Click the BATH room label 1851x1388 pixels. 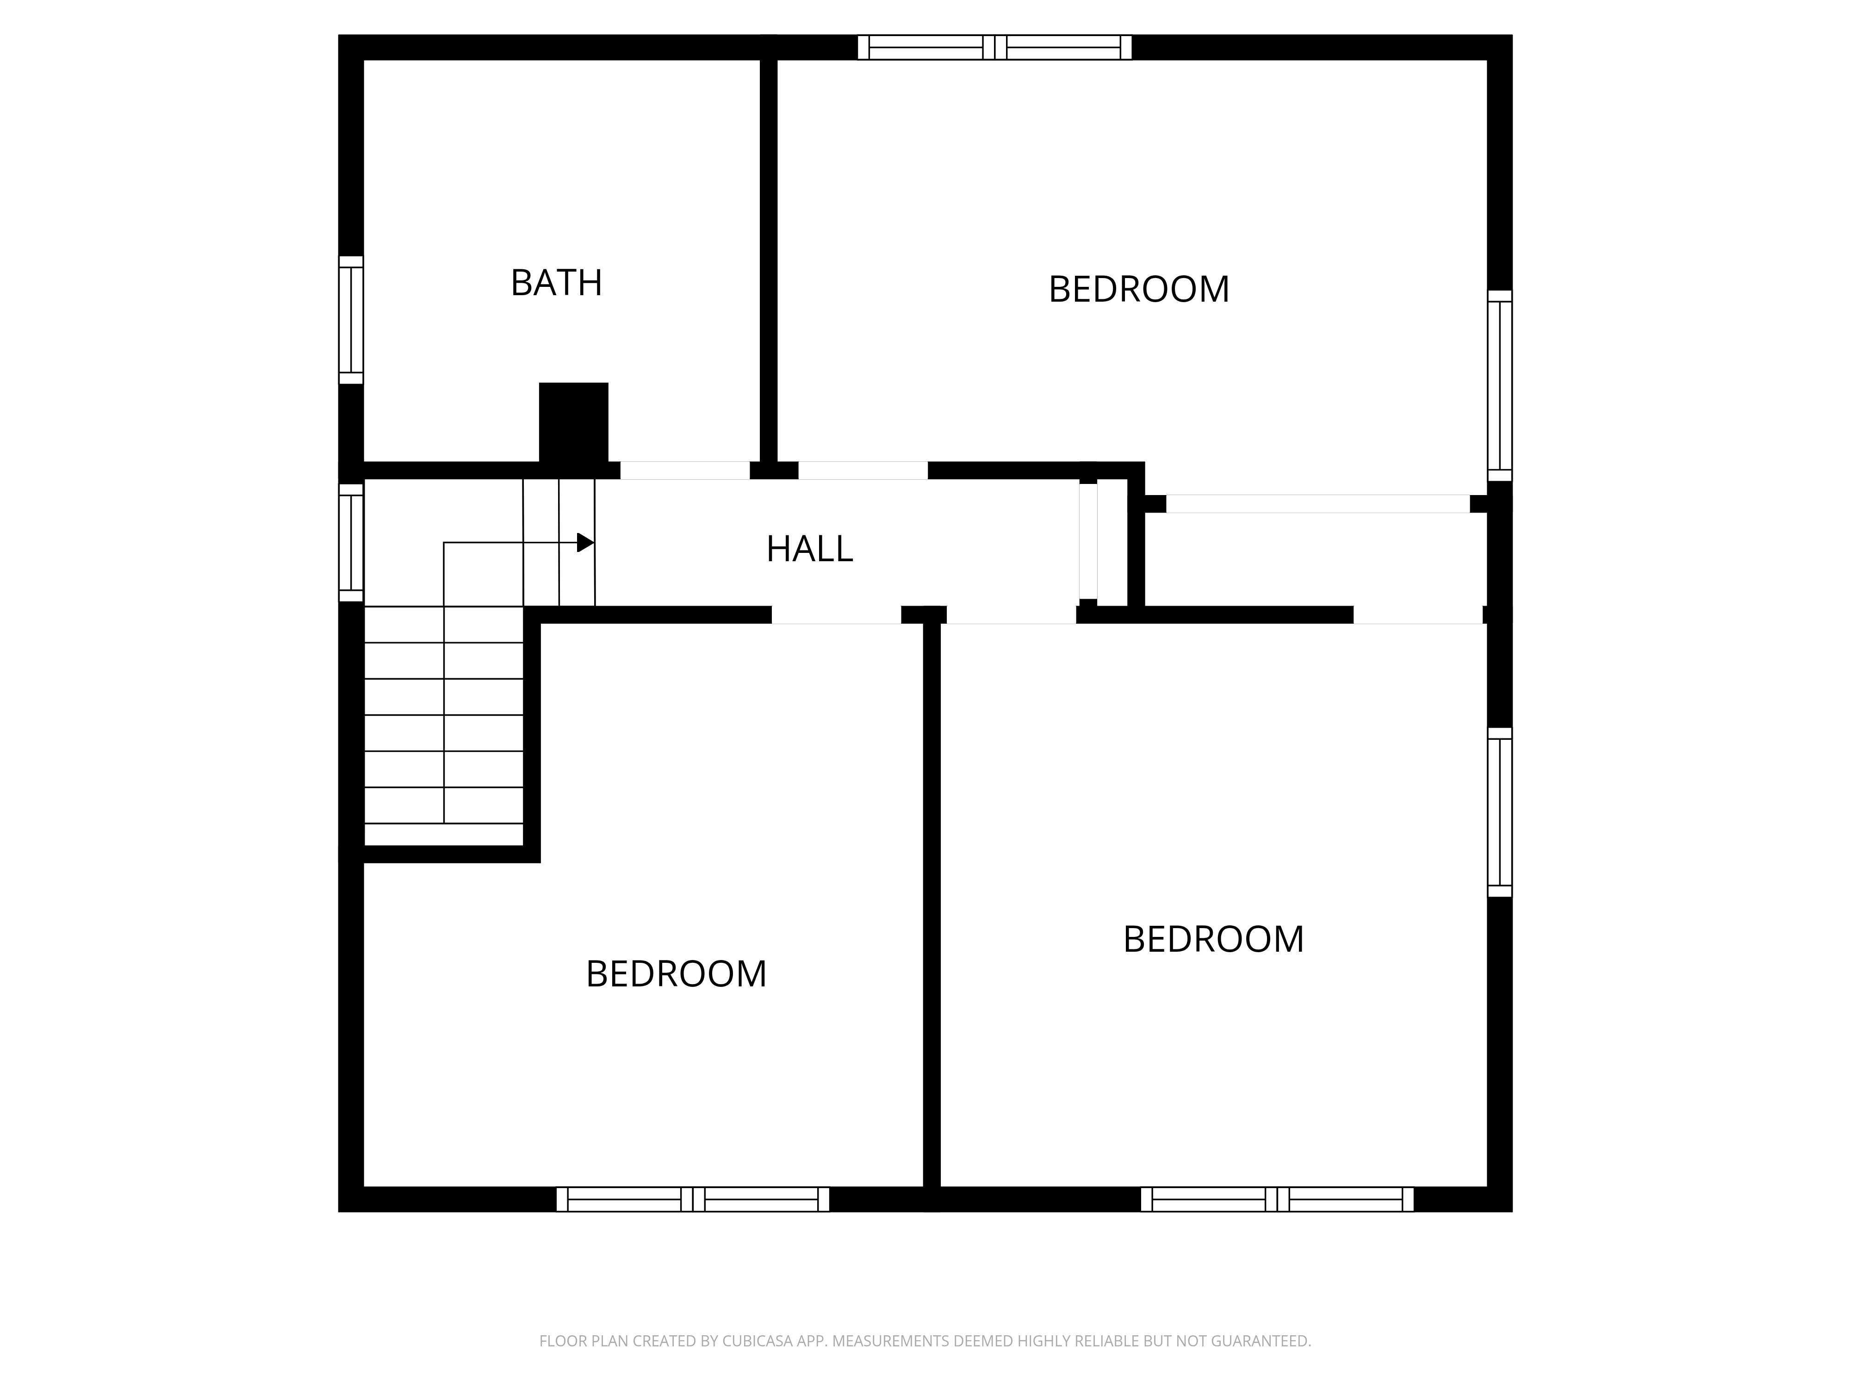(557, 283)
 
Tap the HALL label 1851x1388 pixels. (809, 549)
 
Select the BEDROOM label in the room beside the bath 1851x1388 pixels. (1139, 290)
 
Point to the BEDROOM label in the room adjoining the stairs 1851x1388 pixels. (676, 974)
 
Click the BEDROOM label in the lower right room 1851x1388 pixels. (1213, 940)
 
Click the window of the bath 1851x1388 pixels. (351, 320)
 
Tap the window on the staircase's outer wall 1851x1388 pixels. (351, 542)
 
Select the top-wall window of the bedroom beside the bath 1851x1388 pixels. (995, 47)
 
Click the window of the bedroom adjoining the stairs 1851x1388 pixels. (693, 1199)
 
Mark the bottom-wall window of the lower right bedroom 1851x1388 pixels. (1277, 1199)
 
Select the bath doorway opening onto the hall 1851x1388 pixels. (684, 470)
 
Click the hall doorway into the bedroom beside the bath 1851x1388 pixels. (863, 470)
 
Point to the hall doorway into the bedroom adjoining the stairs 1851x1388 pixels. (836, 615)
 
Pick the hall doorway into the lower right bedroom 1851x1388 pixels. (1011, 615)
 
